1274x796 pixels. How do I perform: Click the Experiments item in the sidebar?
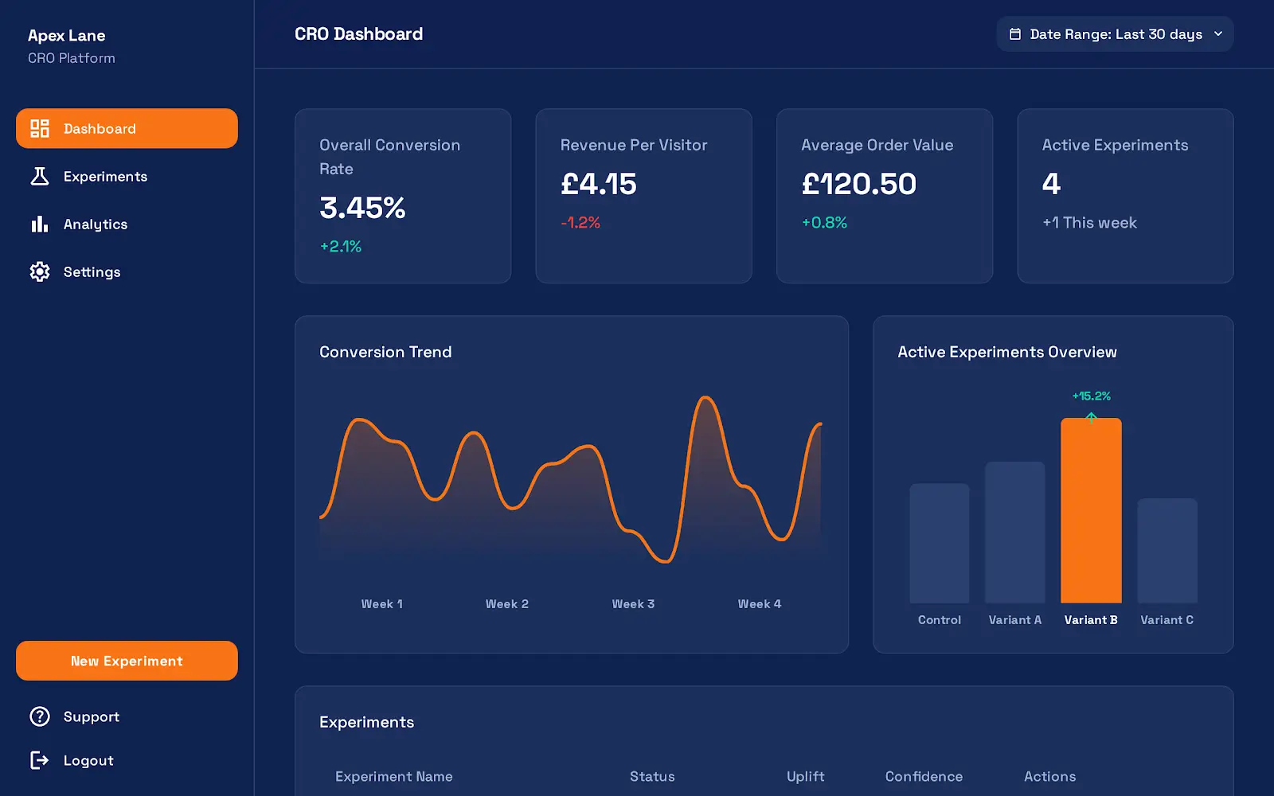tap(104, 177)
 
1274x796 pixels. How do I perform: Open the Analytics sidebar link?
tap(95, 224)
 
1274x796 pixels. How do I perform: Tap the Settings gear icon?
tap(40, 272)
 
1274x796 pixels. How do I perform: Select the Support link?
tap(91, 717)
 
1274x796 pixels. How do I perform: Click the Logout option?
tap(88, 761)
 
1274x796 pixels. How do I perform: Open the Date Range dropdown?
tap(1115, 34)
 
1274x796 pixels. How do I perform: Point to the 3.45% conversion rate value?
tap(362, 208)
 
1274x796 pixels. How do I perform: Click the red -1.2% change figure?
tap(580, 223)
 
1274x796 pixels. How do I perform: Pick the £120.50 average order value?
tap(858, 184)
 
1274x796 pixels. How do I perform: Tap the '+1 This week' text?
tap(1089, 223)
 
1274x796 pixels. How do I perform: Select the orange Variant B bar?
tap(1091, 510)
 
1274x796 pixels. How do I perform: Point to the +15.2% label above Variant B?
tap(1091, 396)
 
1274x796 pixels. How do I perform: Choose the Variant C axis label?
tap(1167, 620)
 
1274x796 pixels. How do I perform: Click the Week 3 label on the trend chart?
tap(633, 604)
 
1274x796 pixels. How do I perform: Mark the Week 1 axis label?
tap(382, 604)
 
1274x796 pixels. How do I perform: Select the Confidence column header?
tap(924, 777)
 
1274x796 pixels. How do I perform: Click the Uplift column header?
tap(805, 777)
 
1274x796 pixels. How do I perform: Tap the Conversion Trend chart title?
tap(385, 352)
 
